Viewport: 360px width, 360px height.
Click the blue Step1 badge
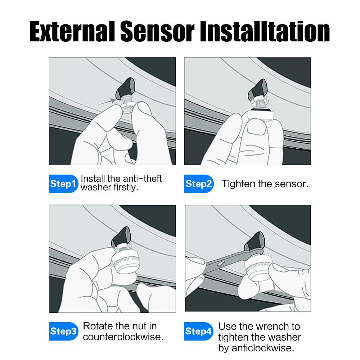tap(63, 184)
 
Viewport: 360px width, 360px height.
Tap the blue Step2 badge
tap(199, 184)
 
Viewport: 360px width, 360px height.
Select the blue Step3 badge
tap(63, 331)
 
